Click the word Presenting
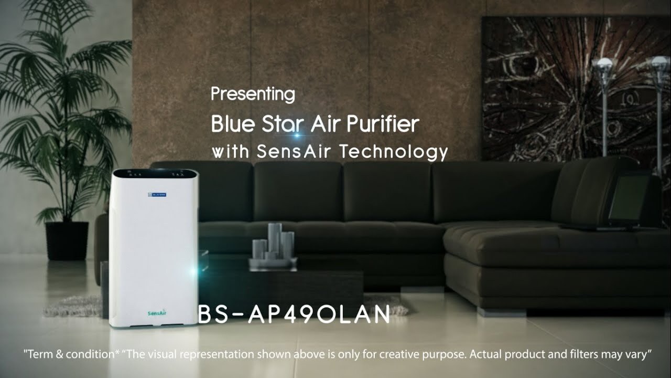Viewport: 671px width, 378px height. click(253, 95)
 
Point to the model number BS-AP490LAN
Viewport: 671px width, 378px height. click(294, 314)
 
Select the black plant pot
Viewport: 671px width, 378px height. click(67, 240)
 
